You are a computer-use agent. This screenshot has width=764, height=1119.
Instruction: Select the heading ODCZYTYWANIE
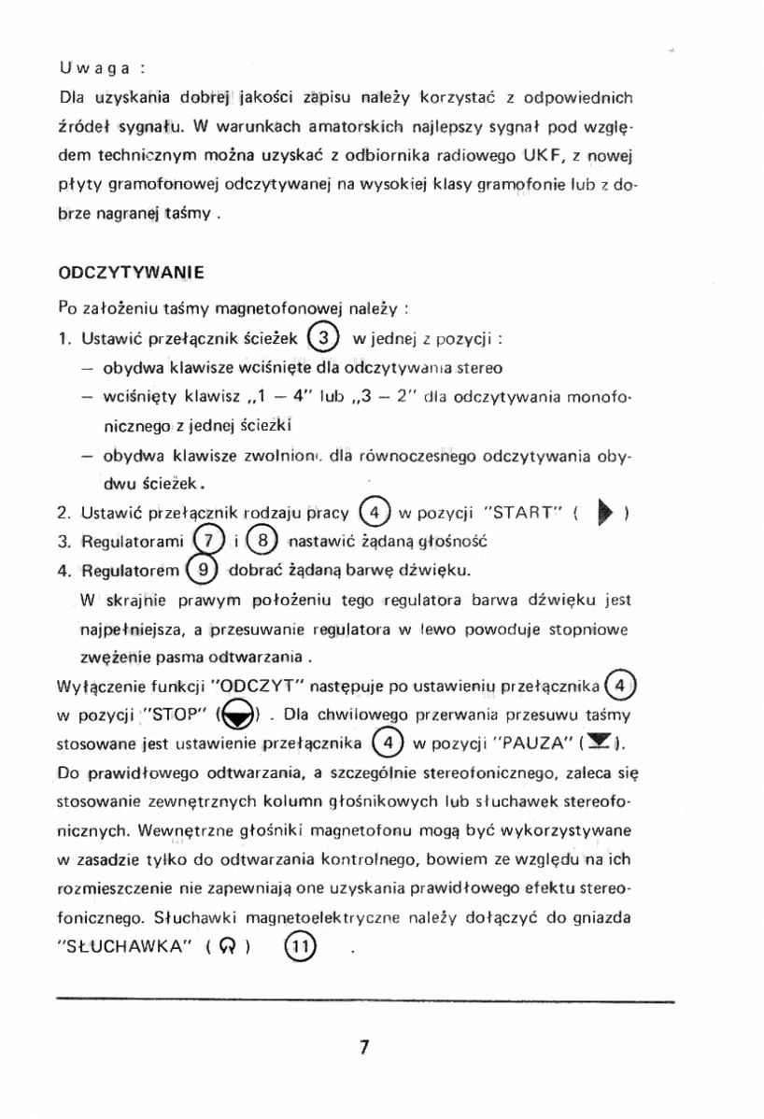131,274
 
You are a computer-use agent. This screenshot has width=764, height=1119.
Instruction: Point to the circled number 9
203,569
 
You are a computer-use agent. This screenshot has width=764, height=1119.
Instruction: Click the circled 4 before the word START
374,513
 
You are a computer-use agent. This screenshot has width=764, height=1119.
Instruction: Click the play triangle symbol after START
605,513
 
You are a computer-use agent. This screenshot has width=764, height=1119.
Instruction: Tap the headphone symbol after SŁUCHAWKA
225,945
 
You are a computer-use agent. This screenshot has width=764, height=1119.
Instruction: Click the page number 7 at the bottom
364,1047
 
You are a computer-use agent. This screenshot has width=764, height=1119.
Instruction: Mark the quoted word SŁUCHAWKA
125,945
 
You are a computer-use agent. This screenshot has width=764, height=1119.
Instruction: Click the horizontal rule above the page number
364,1001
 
